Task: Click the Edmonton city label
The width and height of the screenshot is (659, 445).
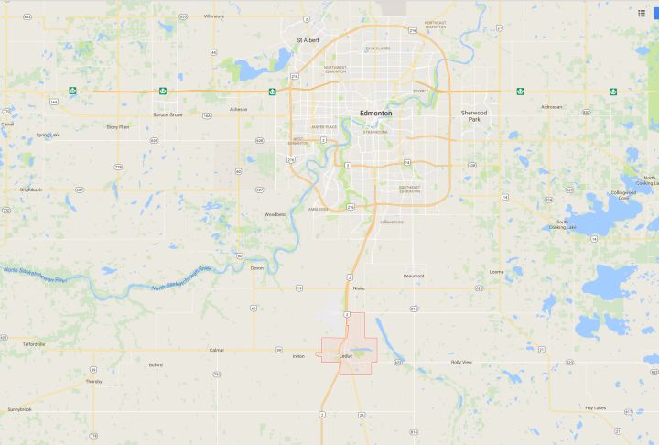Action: pos(376,114)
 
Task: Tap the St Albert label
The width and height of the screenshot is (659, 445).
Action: pos(307,41)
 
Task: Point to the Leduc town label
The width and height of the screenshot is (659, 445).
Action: pos(345,356)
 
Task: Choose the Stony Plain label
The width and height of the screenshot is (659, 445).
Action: pos(118,127)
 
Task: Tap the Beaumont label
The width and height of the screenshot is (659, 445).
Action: pos(414,276)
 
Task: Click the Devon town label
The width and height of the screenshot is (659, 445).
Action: pos(256,267)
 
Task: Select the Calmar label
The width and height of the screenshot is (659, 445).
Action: pos(216,350)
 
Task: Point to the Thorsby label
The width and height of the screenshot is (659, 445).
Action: pos(94,381)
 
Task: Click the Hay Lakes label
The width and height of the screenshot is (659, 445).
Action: pos(595,407)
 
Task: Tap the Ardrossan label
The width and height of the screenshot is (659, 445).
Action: pos(551,107)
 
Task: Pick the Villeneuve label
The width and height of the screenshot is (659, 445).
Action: pos(214,16)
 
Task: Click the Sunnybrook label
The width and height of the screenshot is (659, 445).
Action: pos(19,408)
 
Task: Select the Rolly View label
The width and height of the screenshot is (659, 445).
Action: pos(461,362)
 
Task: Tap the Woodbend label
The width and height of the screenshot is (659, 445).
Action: pos(275,214)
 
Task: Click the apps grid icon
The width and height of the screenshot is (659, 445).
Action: pos(641,14)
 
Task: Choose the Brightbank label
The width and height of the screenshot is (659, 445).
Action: pos(31,190)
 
